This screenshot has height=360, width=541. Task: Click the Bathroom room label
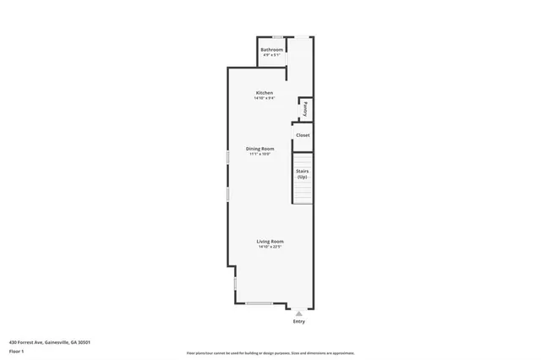point(271,50)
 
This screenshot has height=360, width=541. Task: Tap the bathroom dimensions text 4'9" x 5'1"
point(271,56)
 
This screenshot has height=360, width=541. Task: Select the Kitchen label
point(265,92)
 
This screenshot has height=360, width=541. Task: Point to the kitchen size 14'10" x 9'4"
point(265,98)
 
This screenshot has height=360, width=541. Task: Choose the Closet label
point(303,135)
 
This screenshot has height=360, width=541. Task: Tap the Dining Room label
point(260,149)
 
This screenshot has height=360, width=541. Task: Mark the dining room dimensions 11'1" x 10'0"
point(260,155)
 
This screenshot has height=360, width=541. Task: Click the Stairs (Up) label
point(302,174)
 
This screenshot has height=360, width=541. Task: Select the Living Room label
point(270,242)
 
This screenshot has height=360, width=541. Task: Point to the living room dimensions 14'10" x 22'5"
point(270,248)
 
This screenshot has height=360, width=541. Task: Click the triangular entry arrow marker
point(298,313)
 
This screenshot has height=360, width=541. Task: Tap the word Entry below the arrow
point(298,322)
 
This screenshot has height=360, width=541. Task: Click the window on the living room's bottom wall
point(259,303)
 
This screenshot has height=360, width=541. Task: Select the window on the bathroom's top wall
point(277,36)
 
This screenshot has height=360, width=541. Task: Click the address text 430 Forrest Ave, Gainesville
point(50,342)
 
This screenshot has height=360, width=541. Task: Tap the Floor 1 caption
point(17,351)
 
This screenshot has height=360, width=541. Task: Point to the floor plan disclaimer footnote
point(270,352)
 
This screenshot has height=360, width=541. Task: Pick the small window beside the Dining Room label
point(227,157)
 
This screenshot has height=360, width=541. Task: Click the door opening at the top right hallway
point(302,36)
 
